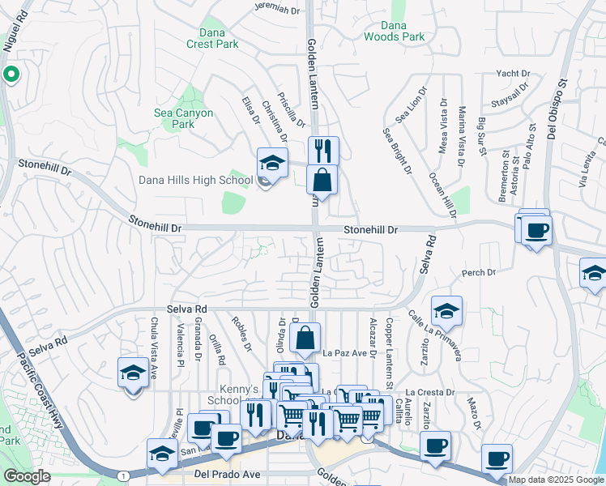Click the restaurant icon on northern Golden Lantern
click(322, 150)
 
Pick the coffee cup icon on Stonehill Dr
click(536, 231)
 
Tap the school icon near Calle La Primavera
click(446, 310)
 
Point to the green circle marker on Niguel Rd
click(11, 76)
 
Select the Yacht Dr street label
click(512, 73)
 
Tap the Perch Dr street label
click(477, 273)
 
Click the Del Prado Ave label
click(226, 474)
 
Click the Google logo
click(27, 476)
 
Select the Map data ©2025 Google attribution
click(556, 480)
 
